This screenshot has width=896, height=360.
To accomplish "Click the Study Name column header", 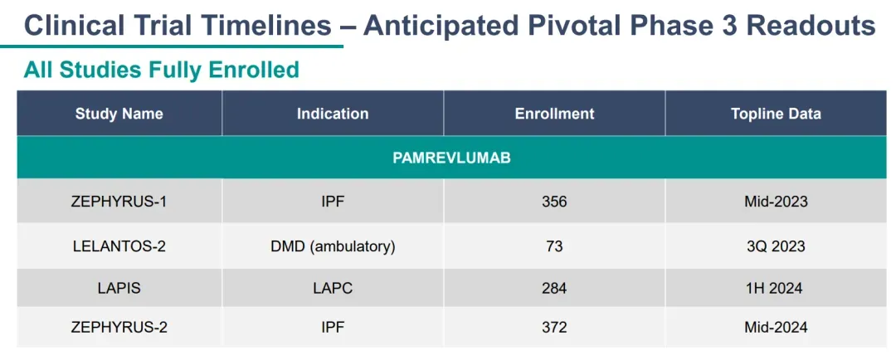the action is [x=119, y=114].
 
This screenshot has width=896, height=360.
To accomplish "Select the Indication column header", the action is [x=333, y=114].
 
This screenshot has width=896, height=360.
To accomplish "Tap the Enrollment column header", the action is [x=554, y=114].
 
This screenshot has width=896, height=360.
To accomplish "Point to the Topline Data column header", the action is [x=776, y=114].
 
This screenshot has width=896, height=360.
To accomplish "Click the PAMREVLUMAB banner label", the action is [x=451, y=158].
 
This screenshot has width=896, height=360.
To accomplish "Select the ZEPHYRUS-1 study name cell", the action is [x=119, y=202].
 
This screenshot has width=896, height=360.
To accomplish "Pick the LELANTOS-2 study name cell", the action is [x=119, y=246].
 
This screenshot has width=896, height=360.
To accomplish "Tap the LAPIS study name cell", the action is [x=119, y=288].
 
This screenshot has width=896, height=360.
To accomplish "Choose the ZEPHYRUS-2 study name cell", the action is [x=119, y=328].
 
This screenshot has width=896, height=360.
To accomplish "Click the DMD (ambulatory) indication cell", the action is [x=333, y=246].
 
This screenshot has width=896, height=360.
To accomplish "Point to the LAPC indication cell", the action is [x=333, y=288].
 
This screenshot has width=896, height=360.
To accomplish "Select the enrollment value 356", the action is [x=554, y=202].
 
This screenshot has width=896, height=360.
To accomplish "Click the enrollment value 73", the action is [x=554, y=246].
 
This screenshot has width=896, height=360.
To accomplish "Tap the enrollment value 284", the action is [x=554, y=288].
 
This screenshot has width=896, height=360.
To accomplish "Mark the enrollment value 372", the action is [x=554, y=328].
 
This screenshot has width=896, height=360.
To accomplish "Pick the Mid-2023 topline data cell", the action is [x=776, y=202].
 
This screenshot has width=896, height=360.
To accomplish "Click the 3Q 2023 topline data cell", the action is [x=776, y=246].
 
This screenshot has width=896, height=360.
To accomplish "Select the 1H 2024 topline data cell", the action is [x=776, y=288].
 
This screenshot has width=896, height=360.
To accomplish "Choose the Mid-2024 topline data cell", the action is [x=776, y=328].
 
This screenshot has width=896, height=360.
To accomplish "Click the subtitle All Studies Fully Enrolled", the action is [x=161, y=70].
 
